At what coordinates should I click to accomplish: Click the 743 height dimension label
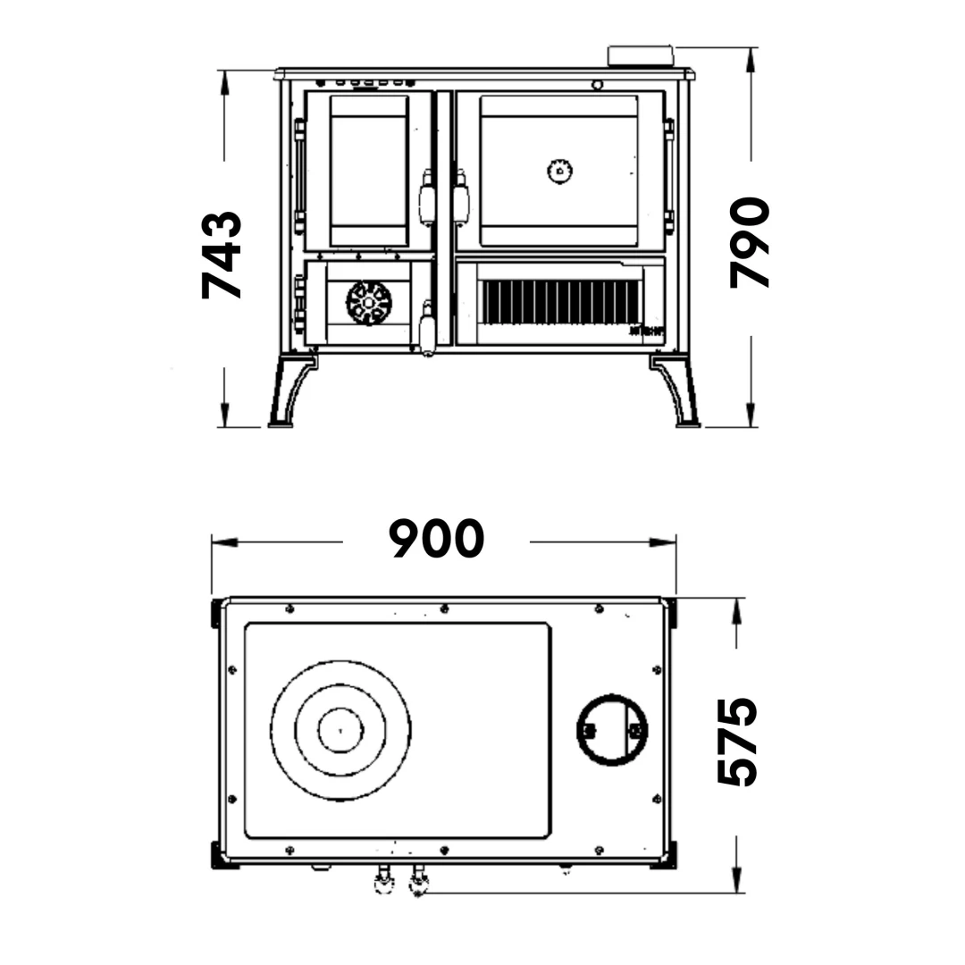tap(222, 255)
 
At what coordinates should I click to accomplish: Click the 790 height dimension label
tap(749, 242)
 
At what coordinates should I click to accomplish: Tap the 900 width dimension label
tap(436, 539)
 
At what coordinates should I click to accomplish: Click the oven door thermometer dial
tap(560, 171)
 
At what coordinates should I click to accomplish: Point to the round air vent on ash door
tap(369, 302)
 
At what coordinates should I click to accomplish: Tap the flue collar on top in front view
tap(641, 55)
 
